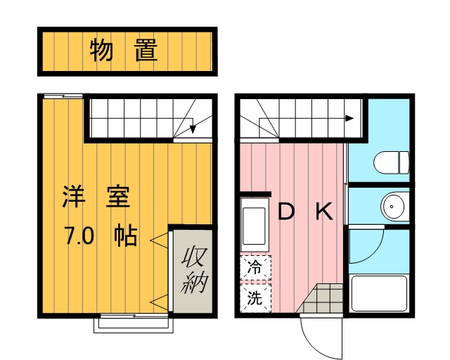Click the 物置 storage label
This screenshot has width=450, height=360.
click(x=124, y=51)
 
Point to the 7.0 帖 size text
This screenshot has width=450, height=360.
click(x=101, y=236)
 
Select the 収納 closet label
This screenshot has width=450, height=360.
click(x=193, y=271)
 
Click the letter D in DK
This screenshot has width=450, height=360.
click(x=285, y=212)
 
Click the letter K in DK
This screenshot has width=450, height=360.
click(x=323, y=212)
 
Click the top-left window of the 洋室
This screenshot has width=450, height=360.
click(x=64, y=96)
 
